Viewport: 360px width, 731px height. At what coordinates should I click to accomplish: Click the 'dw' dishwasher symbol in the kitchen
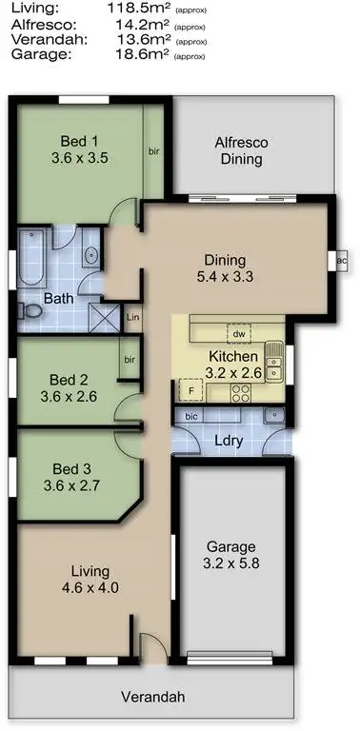point(238,333)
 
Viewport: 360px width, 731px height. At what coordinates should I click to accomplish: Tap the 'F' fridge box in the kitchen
point(190,389)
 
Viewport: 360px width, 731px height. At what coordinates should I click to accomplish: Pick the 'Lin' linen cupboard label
point(132,318)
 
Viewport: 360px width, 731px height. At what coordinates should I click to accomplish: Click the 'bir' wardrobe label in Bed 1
point(153,150)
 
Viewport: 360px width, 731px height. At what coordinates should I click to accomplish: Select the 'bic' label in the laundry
point(191,416)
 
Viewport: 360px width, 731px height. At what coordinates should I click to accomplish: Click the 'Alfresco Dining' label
point(242,150)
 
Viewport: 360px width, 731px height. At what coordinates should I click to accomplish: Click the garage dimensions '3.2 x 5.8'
point(230,564)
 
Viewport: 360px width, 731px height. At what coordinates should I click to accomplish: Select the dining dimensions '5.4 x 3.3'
point(226,278)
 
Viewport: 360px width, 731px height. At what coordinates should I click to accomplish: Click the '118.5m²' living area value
point(139,8)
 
